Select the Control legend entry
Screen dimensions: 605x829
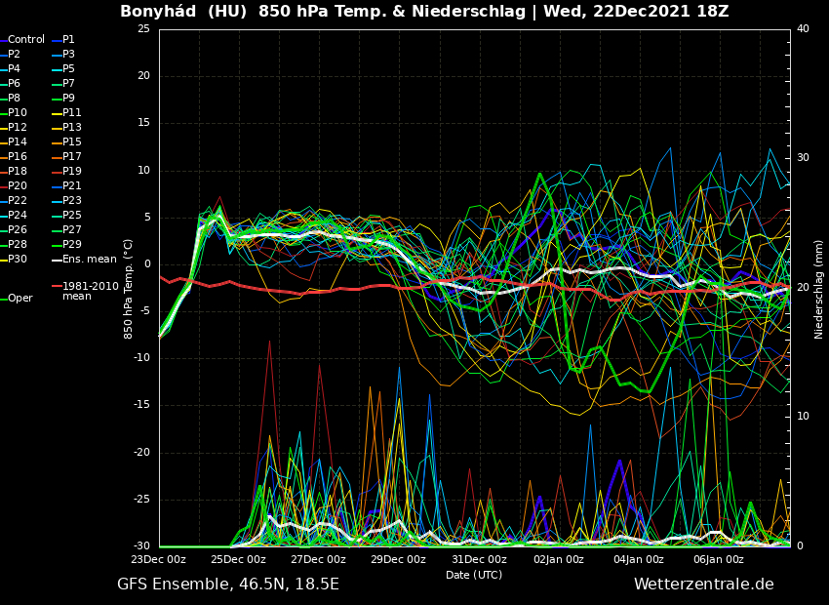click(26, 40)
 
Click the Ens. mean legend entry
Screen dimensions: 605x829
click(89, 259)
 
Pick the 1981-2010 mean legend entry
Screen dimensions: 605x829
click(90, 291)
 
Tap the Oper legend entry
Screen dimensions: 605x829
click(20, 299)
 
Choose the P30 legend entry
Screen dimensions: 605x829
click(18, 259)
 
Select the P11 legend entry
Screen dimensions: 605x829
click(71, 113)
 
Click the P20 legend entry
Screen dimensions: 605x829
click(18, 185)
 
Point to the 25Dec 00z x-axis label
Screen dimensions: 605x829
click(238, 560)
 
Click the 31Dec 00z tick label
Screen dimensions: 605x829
click(479, 560)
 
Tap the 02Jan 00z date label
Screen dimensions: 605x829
click(559, 560)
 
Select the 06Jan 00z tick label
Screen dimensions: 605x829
click(719, 560)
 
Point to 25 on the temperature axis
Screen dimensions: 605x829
click(143, 29)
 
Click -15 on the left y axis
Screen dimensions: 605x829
click(141, 405)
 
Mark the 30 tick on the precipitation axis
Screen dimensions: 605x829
click(803, 157)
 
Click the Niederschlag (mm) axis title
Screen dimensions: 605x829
click(819, 289)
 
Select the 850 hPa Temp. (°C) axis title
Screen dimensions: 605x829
click(129, 289)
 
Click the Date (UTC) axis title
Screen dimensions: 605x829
click(474, 575)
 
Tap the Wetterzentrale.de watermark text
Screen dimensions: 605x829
click(703, 585)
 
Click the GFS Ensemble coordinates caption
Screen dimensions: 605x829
click(228, 585)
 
